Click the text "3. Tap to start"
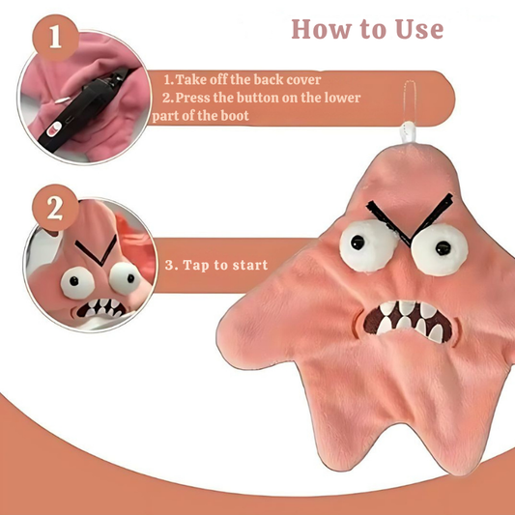click(x=215, y=264)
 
